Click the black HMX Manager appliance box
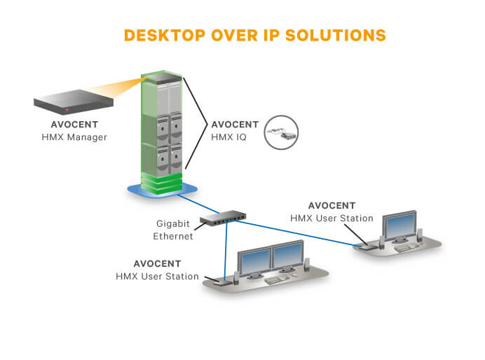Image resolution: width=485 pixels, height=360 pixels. click(x=73, y=104)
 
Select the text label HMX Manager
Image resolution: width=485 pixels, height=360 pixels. click(x=74, y=137)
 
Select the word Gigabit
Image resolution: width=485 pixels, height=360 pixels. click(x=174, y=224)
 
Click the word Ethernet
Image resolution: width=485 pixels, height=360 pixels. click(x=173, y=236)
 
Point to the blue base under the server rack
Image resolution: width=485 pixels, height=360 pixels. click(x=162, y=189)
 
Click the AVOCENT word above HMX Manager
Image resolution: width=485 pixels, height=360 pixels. click(x=74, y=125)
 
